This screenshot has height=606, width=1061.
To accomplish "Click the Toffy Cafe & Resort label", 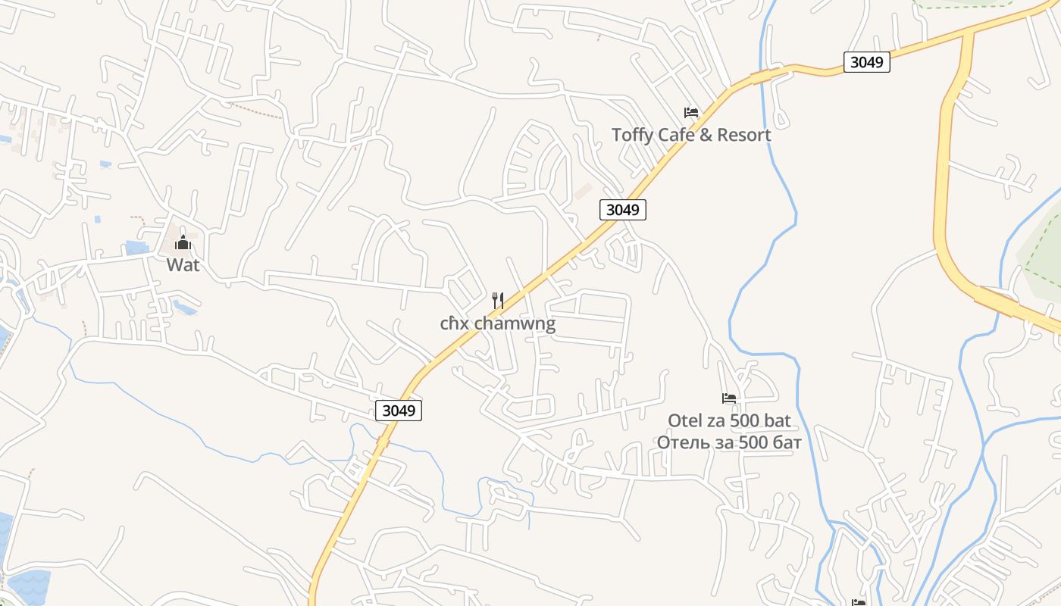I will pos(691,135).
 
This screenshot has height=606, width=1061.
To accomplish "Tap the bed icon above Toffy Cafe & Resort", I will pos(690,113).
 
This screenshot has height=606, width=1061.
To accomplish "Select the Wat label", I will pos(183,265).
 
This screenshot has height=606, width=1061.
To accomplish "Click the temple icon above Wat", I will pos(183,243).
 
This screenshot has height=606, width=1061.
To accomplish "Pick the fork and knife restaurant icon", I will pos(498,301).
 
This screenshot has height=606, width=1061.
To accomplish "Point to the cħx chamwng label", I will pos(498,324).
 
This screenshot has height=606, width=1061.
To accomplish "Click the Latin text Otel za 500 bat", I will pos(729,420).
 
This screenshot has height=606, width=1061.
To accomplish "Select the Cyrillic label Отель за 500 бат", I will pos(729,442).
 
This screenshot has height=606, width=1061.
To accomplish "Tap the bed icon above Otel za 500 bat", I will pos(729,398).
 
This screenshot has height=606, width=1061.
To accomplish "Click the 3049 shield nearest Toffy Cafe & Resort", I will pos(623,210).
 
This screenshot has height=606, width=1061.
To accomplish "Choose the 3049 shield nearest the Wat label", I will pos(399,411).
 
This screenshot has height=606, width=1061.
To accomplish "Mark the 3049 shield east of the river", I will pos(866,62).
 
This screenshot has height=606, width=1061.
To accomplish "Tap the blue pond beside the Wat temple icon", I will pos(138,248).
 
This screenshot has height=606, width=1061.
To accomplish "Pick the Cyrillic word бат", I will pos(784,442).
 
